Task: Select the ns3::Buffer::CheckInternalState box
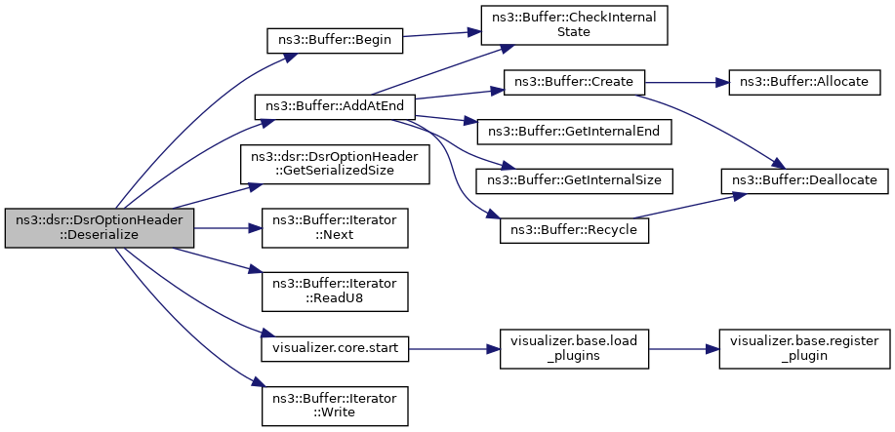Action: tap(574, 25)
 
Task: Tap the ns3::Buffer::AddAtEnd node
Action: tap(335, 106)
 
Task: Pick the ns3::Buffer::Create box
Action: tap(574, 82)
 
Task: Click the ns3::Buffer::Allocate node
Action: tap(805, 82)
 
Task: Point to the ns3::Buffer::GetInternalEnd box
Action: tap(574, 132)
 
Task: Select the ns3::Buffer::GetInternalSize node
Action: tap(574, 180)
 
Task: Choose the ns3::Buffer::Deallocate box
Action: tap(805, 180)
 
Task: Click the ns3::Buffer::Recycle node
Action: tap(574, 229)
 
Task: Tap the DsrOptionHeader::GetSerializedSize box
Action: tap(335, 165)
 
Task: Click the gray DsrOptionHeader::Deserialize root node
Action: tap(100, 228)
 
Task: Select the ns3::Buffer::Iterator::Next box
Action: tap(335, 228)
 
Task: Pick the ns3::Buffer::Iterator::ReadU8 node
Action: tap(335, 293)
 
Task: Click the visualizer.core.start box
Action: tap(335, 347)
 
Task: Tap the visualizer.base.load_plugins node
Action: tap(574, 348)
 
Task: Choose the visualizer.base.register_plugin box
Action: tap(805, 348)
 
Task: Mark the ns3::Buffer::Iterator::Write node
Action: tap(335, 406)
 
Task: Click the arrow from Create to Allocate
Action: tap(687, 82)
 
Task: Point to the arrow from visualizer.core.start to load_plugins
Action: tap(455, 348)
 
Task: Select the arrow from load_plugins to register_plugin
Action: tap(684, 348)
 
